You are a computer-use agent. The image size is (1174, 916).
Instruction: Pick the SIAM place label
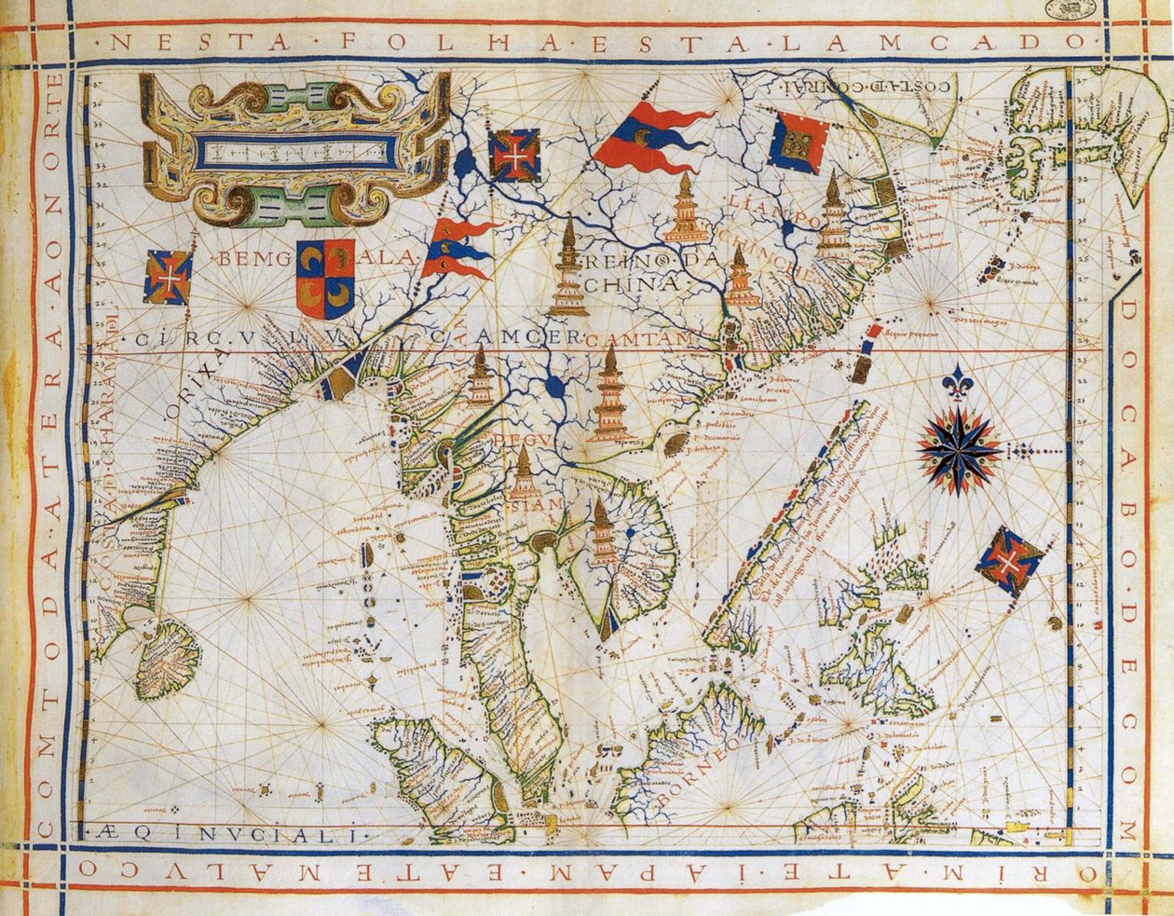pos(536,504)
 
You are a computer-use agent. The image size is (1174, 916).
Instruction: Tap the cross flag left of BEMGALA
pos(169,277)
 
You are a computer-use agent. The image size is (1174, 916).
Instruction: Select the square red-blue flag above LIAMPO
pos(799,142)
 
